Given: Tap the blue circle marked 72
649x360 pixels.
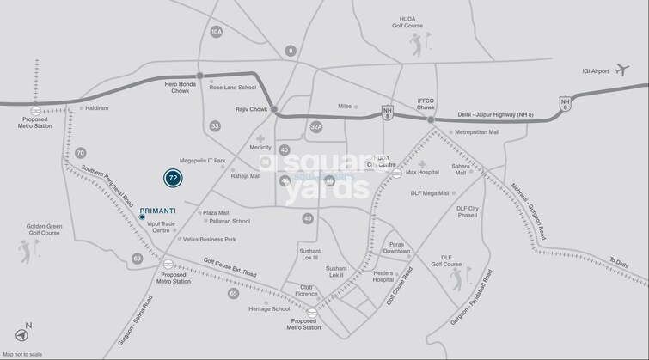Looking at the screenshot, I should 173,178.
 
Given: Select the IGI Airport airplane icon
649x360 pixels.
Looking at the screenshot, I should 621,70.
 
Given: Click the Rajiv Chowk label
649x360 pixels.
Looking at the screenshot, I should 248,110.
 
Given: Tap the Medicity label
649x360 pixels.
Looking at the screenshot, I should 260,148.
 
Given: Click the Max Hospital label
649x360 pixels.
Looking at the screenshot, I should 422,172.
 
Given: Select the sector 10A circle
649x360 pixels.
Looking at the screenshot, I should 217,32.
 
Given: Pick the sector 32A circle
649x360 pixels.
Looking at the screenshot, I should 315,127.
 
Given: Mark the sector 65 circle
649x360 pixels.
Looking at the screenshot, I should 233,294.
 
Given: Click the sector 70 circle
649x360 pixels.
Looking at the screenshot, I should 80,153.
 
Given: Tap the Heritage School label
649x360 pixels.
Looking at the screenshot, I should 269,308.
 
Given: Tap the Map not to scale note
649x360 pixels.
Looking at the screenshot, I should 22,354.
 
